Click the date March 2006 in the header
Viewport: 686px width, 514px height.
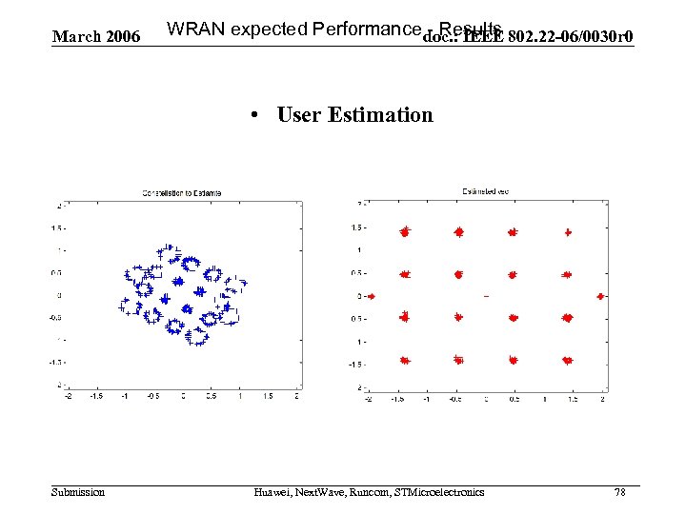[x=96, y=37]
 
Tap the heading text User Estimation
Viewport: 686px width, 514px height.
[x=354, y=115]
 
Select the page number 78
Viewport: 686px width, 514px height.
[x=620, y=491]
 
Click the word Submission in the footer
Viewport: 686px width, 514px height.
[x=78, y=491]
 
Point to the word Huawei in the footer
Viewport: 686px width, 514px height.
[x=273, y=491]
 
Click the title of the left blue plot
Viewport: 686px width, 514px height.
[x=181, y=193]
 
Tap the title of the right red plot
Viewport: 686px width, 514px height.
[x=486, y=191]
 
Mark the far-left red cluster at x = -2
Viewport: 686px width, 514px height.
[x=372, y=296]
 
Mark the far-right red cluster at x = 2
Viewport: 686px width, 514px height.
[x=600, y=296]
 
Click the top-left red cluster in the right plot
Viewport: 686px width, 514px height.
[x=405, y=230]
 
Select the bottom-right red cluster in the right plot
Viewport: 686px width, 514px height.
[x=568, y=361]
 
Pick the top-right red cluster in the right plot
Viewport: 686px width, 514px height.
[x=568, y=230]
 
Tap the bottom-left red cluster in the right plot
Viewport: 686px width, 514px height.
[x=405, y=361]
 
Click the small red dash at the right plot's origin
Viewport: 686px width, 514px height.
[x=486, y=297]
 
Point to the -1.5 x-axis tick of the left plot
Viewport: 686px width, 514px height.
[x=96, y=395]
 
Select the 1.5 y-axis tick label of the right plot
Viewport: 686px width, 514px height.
[x=357, y=227]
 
